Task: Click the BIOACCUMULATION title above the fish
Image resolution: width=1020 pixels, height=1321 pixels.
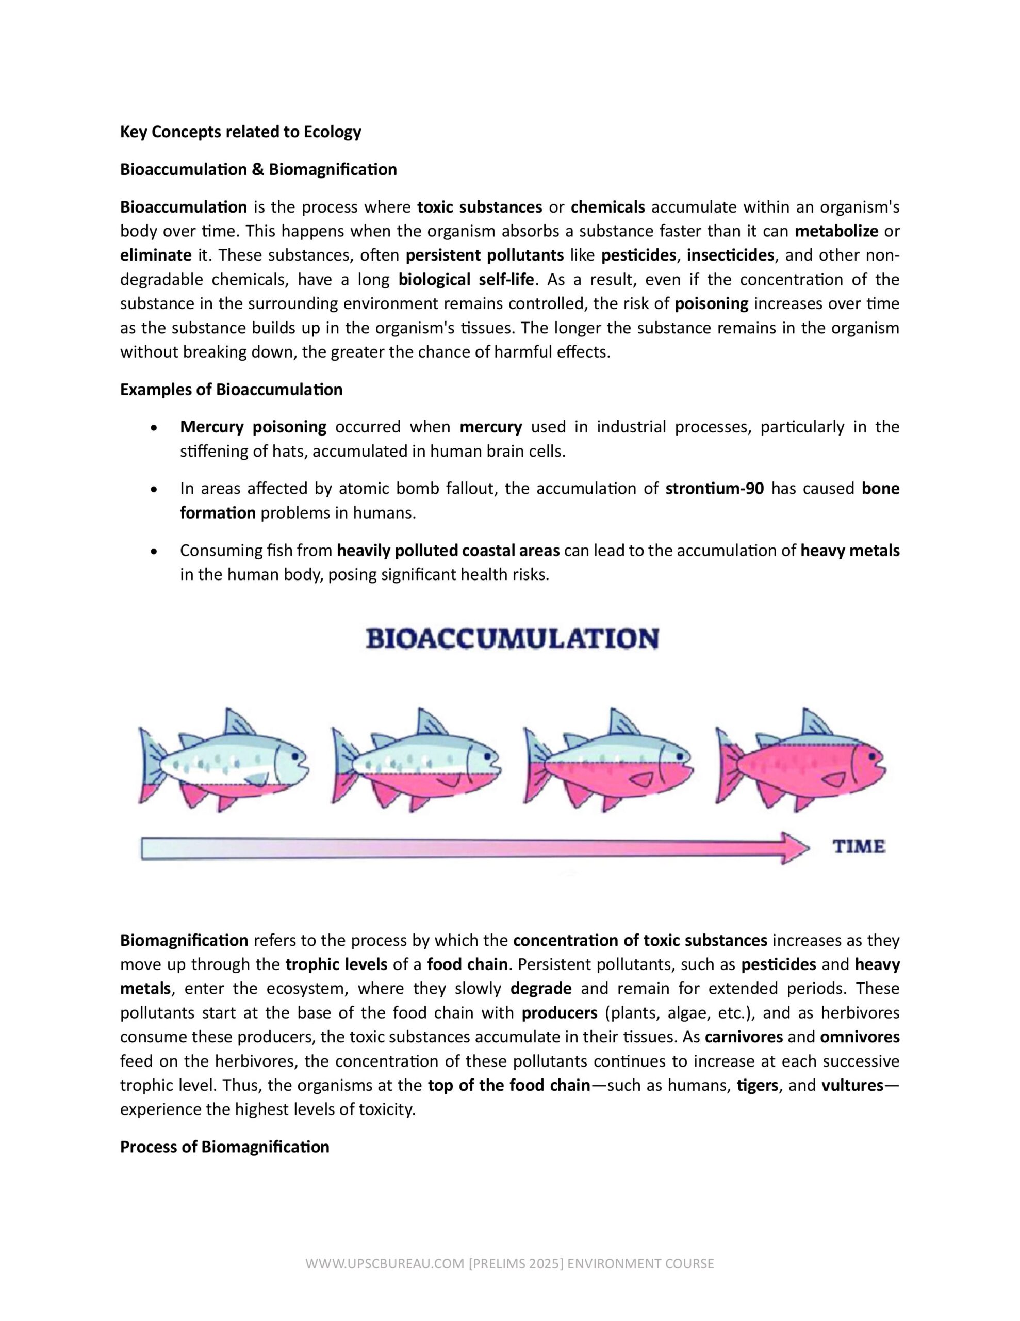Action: click(x=512, y=639)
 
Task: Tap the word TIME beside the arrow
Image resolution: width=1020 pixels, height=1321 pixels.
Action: click(x=859, y=846)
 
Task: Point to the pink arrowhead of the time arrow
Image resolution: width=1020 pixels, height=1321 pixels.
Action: click(x=793, y=848)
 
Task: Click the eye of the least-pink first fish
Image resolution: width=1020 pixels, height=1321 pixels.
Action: click(x=294, y=756)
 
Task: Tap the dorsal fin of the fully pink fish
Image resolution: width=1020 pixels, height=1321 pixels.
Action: click(x=816, y=723)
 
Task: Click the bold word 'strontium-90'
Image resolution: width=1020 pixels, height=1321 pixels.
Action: click(x=714, y=489)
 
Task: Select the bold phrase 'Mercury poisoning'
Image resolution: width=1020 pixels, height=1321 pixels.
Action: click(x=253, y=427)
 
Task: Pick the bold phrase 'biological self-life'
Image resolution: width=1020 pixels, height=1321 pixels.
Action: click(x=466, y=280)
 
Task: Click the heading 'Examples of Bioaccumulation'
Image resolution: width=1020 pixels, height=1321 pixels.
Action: click(x=231, y=390)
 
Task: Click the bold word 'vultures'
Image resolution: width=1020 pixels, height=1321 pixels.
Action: click(x=852, y=1085)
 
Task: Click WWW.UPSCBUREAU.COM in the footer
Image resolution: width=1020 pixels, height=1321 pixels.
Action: click(x=385, y=1264)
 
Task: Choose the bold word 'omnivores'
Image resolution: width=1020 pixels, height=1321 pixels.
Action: click(x=859, y=1037)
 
